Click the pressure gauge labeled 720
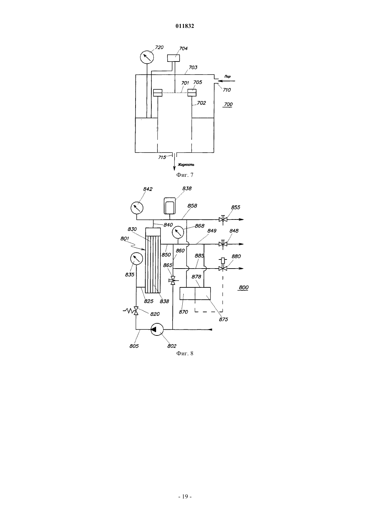pyautogui.click(x=147, y=57)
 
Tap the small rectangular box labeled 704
pyautogui.click(x=174, y=58)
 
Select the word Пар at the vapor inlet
pyautogui.click(x=227, y=77)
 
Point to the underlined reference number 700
pyautogui.click(x=228, y=105)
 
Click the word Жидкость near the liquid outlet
pyautogui.click(x=186, y=165)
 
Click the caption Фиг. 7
pyautogui.click(x=185, y=175)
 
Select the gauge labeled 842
pyautogui.click(x=137, y=208)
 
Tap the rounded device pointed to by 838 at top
pyautogui.click(x=170, y=205)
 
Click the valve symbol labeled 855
pyautogui.click(x=223, y=219)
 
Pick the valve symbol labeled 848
pyautogui.click(x=223, y=244)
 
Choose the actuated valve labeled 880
pyautogui.click(x=223, y=266)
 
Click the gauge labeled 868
pyautogui.click(x=178, y=232)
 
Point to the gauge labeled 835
pyautogui.click(x=137, y=259)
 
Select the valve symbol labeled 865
pyautogui.click(x=173, y=280)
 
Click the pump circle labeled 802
pyautogui.click(x=156, y=329)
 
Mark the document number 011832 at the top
pyautogui.click(x=185, y=26)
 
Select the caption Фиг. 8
pyautogui.click(x=185, y=353)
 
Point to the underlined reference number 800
pyautogui.click(x=244, y=287)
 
